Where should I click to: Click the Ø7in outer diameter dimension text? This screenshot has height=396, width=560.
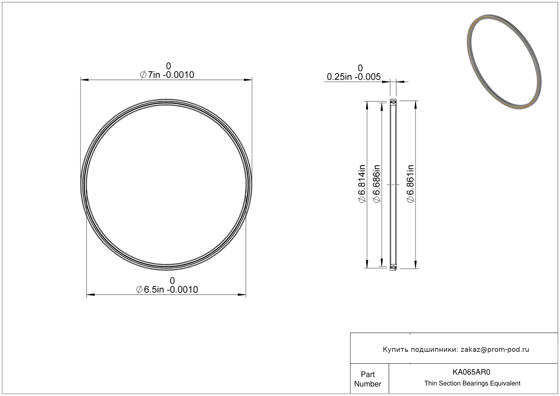167,75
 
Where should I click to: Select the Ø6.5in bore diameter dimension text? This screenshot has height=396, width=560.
167,290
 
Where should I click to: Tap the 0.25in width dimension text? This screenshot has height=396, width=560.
354,77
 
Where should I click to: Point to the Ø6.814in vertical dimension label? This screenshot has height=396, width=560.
362,184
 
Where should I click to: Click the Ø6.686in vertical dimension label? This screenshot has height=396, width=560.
376,184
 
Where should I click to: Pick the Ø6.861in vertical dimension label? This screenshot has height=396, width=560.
410,184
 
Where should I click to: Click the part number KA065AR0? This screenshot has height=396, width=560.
471,372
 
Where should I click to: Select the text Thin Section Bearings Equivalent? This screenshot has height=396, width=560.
472,383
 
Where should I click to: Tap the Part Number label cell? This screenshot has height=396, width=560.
368,379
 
